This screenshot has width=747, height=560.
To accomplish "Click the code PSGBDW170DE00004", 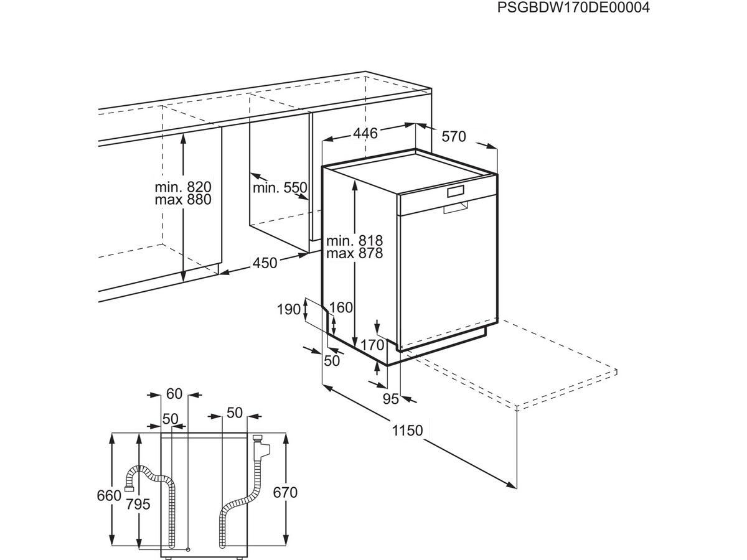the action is (x=573, y=7).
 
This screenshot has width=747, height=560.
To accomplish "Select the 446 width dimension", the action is (x=365, y=133).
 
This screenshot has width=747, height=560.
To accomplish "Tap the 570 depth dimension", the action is (x=454, y=137).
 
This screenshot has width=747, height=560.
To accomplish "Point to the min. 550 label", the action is (x=280, y=187).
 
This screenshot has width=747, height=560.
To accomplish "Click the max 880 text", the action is (x=183, y=200).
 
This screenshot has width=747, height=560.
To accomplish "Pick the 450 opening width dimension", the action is (x=265, y=263).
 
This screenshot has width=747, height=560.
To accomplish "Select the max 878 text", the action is (x=355, y=253).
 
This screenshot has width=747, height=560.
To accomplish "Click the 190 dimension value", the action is (x=289, y=309).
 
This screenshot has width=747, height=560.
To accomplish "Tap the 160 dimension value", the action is (x=341, y=308).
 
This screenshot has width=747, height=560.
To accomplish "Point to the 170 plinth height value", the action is (x=372, y=345).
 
